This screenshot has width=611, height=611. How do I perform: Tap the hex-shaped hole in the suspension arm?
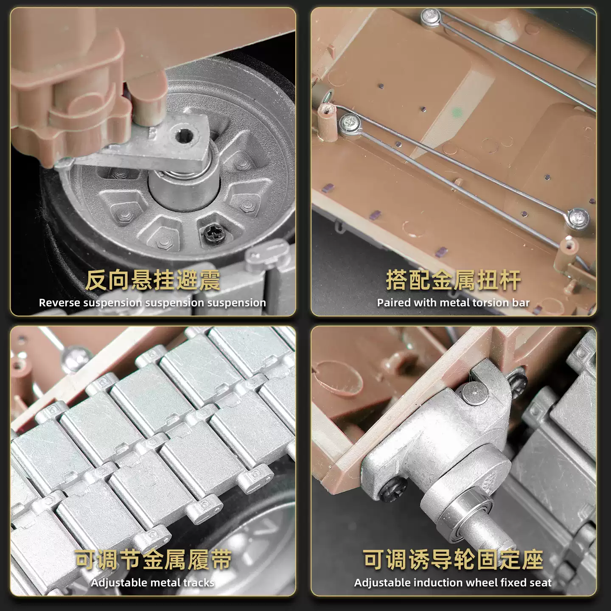click(x=182, y=136)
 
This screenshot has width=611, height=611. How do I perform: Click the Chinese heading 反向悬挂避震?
click(x=152, y=280)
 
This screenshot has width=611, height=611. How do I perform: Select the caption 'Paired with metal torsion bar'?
click(x=453, y=303)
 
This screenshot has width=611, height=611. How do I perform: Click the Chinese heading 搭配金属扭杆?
click(x=454, y=280)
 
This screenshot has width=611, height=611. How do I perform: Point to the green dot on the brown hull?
click(x=457, y=112)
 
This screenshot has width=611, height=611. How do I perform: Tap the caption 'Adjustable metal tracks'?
click(x=152, y=583)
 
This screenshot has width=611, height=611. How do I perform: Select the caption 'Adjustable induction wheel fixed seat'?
click(x=453, y=583)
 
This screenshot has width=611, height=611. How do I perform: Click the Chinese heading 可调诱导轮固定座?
click(x=454, y=560)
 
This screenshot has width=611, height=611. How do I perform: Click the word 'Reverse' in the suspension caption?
click(x=59, y=303)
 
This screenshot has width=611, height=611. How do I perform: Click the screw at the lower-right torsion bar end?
click(x=578, y=218)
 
